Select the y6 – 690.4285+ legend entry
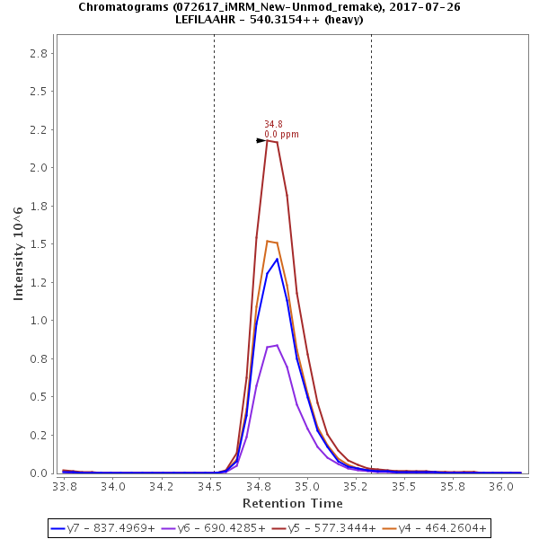point(222,528)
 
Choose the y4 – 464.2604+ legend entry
point(443,528)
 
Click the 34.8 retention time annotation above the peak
point(273,125)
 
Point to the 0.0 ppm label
point(281,135)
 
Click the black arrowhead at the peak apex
point(261,140)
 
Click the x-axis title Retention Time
point(292,503)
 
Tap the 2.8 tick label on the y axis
point(39,53)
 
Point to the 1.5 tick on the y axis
point(39,244)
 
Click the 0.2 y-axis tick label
point(39,435)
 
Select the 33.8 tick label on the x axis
point(65,486)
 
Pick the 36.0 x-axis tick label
point(500,486)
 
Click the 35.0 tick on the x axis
point(307,486)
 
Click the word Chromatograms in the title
point(120,7)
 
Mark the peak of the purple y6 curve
point(277,345)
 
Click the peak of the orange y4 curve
point(268,241)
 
